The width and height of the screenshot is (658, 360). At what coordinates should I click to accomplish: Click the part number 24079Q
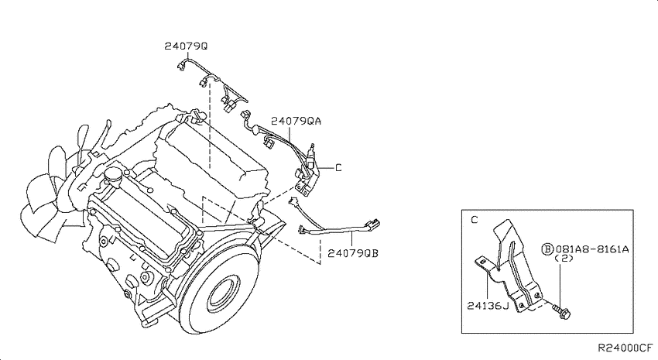pos(186,46)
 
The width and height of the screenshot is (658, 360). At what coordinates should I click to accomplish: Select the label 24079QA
pos(296,121)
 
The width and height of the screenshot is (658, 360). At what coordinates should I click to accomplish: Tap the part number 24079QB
pos(353,253)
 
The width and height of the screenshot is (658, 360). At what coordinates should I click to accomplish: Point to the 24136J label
pos(488,306)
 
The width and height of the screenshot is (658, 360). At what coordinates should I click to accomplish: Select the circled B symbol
pos(547,249)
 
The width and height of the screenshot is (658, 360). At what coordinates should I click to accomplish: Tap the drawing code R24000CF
pos(625,348)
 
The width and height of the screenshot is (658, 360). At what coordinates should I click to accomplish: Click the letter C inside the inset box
pos(475,220)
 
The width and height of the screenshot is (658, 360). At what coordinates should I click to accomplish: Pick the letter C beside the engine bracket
pos(338,168)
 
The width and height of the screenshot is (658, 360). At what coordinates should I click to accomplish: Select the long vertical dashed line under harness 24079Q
pos(209,125)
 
